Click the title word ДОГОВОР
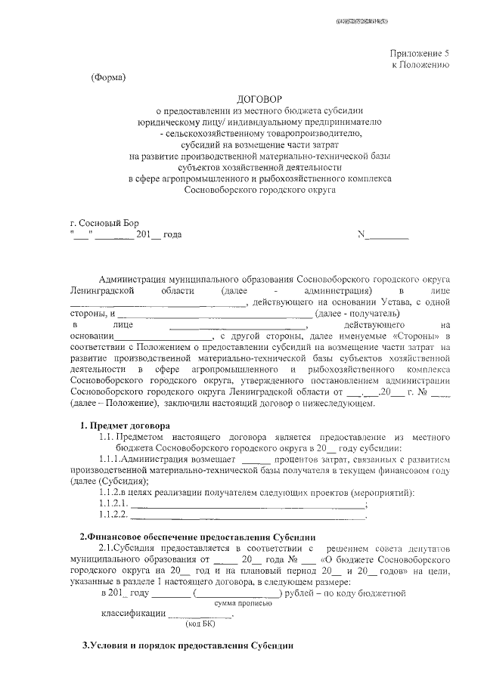point(259,98)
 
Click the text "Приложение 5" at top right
point(420,54)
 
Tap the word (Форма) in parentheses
point(108,77)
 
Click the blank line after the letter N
point(386,237)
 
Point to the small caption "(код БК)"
point(198,624)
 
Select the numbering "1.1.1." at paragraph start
point(110,459)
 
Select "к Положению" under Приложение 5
point(420,66)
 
